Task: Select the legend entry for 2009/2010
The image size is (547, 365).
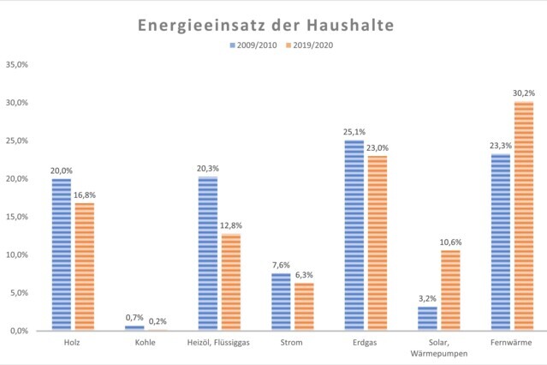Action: (253, 45)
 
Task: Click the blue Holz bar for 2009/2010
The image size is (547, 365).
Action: (62, 254)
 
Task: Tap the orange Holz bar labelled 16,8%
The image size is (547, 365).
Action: (84, 266)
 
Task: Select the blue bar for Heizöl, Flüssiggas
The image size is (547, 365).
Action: (207, 254)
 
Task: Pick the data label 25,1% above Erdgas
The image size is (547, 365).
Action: (354, 132)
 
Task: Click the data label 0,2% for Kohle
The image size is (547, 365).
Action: (158, 321)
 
